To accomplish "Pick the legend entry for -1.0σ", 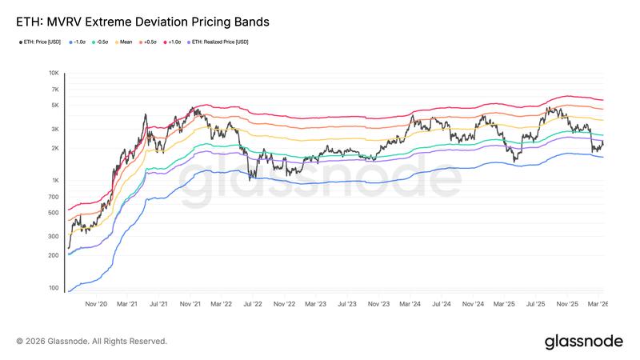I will tap(79, 42).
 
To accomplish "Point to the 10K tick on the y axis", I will tap(54, 73).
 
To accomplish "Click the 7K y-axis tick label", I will tap(55, 89).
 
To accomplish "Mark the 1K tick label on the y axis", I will tap(55, 181).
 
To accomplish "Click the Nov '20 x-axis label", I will tap(96, 304).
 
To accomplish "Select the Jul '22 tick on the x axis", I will tap(253, 304).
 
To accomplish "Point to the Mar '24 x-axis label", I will tap(410, 304).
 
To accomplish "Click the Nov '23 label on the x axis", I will tap(378, 304).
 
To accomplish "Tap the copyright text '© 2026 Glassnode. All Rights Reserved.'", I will tap(92, 342).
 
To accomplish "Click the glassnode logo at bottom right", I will tap(583, 342).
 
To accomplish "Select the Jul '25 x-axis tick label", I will tap(536, 304).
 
